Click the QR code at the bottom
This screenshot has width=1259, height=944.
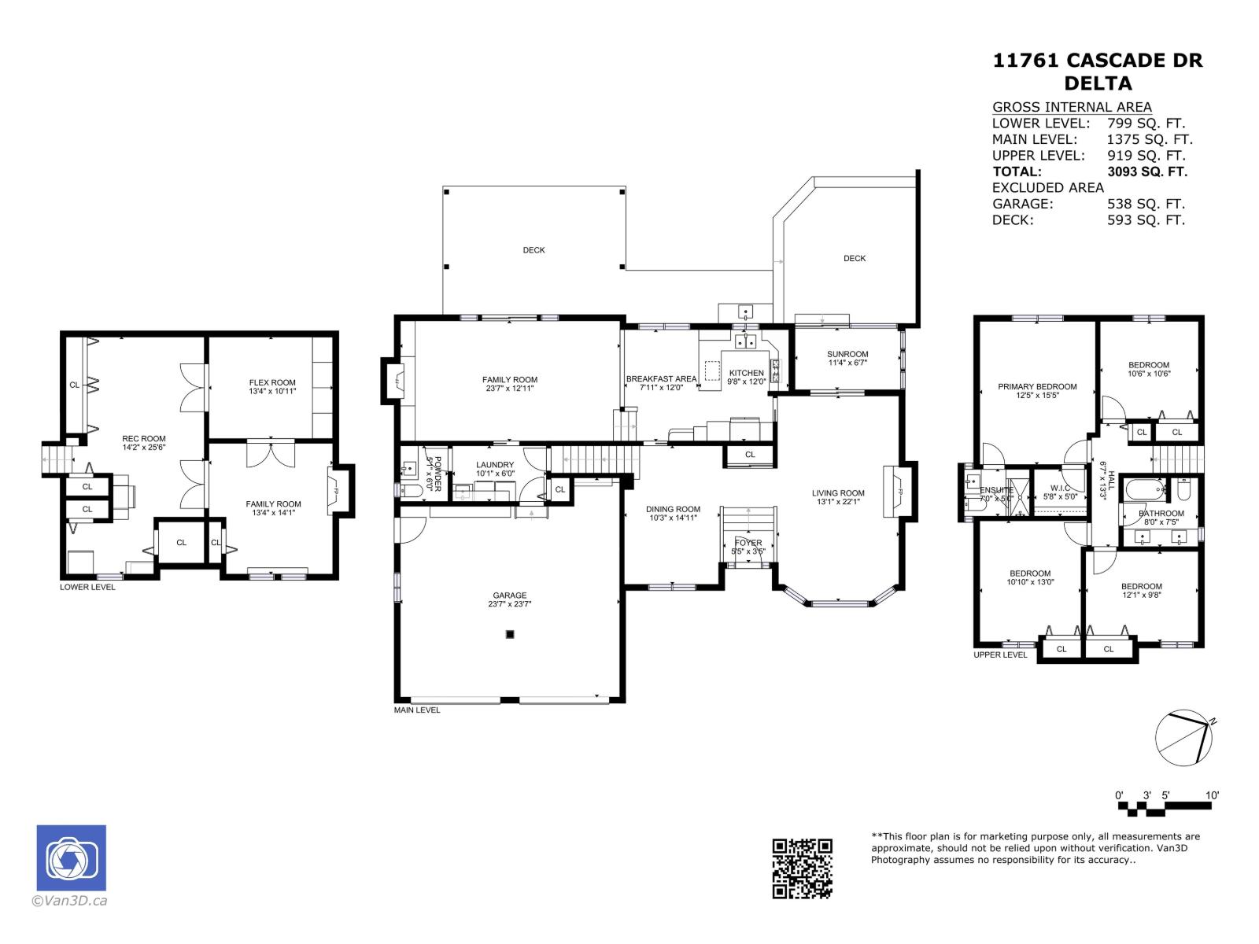(x=802, y=868)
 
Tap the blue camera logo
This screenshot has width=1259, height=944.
(x=71, y=857)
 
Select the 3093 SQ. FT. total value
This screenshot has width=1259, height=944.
(x=1146, y=171)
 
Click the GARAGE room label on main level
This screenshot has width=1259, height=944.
(x=510, y=596)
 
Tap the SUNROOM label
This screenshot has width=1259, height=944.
(x=847, y=354)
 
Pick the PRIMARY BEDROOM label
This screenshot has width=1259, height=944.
(x=1037, y=386)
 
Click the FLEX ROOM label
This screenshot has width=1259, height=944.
(x=272, y=382)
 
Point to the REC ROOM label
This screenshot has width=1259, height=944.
(x=143, y=438)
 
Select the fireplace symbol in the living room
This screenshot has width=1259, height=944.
(x=895, y=492)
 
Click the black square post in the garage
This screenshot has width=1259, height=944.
(x=510, y=634)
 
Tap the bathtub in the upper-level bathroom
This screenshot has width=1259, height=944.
(x=1143, y=491)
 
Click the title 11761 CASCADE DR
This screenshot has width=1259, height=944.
(x=1098, y=61)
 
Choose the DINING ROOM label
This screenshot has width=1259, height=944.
(x=673, y=509)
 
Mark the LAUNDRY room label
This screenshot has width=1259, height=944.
(x=495, y=465)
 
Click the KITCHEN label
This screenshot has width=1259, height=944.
(x=746, y=373)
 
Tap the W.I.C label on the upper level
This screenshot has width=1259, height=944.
(x=1059, y=488)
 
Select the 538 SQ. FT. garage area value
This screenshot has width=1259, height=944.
(x=1145, y=204)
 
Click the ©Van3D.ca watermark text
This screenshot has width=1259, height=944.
(x=69, y=902)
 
